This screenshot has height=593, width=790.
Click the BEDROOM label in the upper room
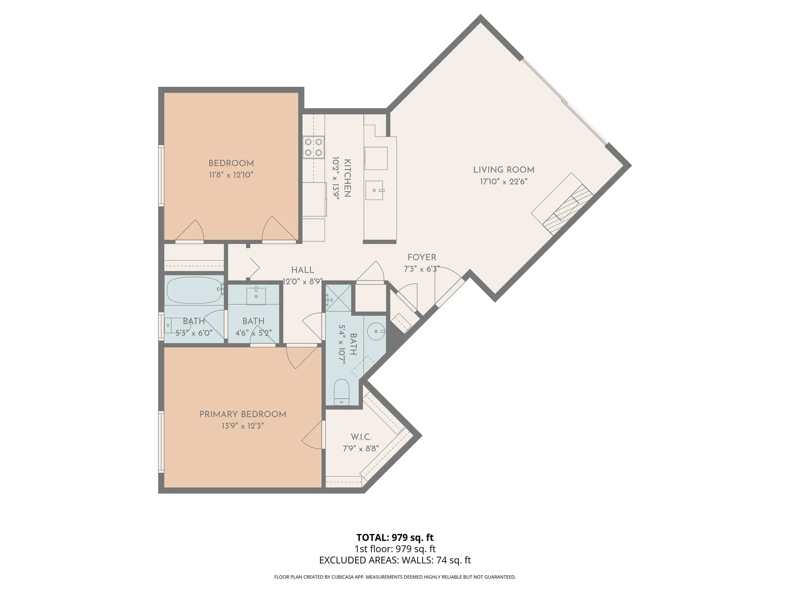(x=231, y=163)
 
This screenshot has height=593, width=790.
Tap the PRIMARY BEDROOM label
(x=243, y=414)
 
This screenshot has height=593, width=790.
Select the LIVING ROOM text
(x=504, y=170)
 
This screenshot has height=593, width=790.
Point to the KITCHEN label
(x=347, y=178)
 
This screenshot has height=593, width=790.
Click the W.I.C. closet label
(x=361, y=437)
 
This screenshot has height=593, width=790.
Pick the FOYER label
(x=422, y=258)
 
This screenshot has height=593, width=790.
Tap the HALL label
(x=303, y=270)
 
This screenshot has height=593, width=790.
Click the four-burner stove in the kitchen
(x=313, y=147)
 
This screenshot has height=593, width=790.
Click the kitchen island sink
(x=375, y=190)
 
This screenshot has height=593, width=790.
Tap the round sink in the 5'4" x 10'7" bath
(x=375, y=331)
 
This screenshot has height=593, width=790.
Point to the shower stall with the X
(x=339, y=298)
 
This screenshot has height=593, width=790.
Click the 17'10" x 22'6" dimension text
(x=504, y=181)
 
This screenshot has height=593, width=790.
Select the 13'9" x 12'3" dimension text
(x=243, y=426)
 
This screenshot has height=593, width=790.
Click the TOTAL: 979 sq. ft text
(x=395, y=537)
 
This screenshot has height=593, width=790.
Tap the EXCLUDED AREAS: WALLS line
(x=395, y=560)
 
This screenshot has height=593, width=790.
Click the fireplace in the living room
(x=562, y=204)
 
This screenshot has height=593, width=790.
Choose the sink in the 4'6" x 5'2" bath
(x=256, y=296)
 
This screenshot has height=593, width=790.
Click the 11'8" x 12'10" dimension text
(x=231, y=175)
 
